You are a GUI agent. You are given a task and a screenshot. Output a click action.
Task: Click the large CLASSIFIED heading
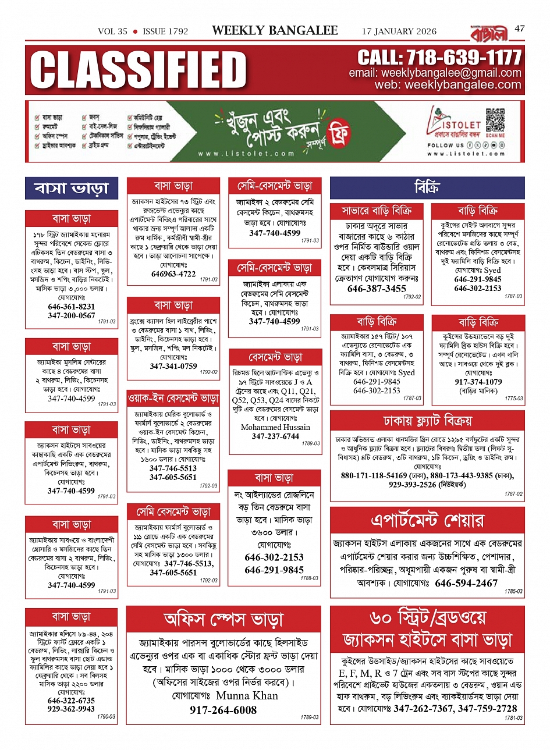pyautogui.click(x=139, y=70)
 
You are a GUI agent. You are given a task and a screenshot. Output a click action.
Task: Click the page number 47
pyautogui.click(x=519, y=28)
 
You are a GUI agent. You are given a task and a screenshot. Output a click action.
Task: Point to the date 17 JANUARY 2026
pyautogui.click(x=399, y=31)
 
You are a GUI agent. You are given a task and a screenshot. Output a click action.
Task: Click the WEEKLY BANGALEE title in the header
pyautogui.click(x=275, y=31)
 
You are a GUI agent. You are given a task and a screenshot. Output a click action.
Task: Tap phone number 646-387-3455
pyautogui.click(x=377, y=289)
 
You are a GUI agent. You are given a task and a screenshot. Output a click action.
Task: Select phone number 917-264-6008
pyautogui.click(x=223, y=710)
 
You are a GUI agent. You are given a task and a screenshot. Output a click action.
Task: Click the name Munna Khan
pyautogui.click(x=247, y=695)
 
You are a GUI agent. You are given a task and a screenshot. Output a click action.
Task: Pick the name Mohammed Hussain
pyautogui.click(x=275, y=427)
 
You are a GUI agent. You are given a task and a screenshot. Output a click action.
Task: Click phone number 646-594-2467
pyautogui.click(x=466, y=583)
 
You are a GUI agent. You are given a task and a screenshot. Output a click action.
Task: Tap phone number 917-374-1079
pyautogui.click(x=478, y=382)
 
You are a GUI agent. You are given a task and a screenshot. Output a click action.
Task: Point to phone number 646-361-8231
pyautogui.click(x=71, y=307)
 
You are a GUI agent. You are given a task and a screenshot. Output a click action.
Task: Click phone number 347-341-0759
pyautogui.click(x=173, y=366)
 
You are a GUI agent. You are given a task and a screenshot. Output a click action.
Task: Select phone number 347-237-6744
pyautogui.click(x=275, y=436)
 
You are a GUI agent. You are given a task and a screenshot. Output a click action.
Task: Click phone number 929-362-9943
pyautogui.click(x=71, y=709)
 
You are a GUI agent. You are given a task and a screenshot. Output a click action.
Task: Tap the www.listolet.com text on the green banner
pyautogui.click(x=246, y=154)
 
